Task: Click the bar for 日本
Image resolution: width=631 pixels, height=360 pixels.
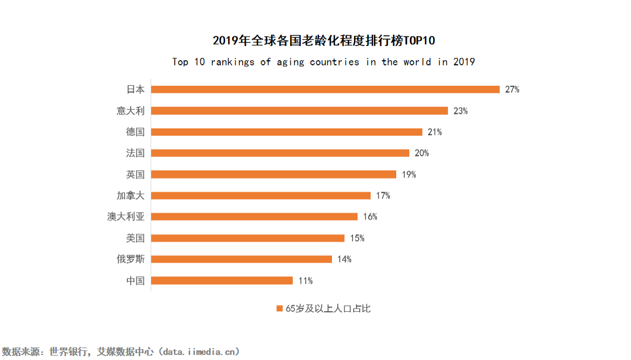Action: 325,89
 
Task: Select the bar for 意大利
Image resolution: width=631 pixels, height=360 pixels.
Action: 300,110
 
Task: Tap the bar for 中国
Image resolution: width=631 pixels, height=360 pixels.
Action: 222,280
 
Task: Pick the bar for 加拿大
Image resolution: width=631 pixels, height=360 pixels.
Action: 261,196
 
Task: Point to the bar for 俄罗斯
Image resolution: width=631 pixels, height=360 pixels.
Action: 242,259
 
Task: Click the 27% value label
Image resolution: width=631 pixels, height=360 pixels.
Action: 512,89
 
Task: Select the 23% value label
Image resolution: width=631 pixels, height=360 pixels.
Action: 460,111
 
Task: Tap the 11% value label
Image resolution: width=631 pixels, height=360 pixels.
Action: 306,280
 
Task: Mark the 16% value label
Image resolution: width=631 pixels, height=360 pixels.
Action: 370,217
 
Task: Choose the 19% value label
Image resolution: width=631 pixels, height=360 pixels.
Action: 409,175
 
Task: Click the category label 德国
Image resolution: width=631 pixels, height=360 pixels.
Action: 135,132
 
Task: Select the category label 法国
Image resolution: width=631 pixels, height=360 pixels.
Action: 135,153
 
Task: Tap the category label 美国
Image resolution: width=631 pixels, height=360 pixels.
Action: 135,238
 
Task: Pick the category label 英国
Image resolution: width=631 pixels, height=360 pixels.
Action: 135,175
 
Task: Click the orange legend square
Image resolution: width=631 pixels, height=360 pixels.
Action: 279,308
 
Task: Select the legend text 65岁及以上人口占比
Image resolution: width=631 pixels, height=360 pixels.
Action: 328,308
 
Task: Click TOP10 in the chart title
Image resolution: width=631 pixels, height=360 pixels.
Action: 421,41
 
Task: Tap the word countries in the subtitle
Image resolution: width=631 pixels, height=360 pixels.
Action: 334,62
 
